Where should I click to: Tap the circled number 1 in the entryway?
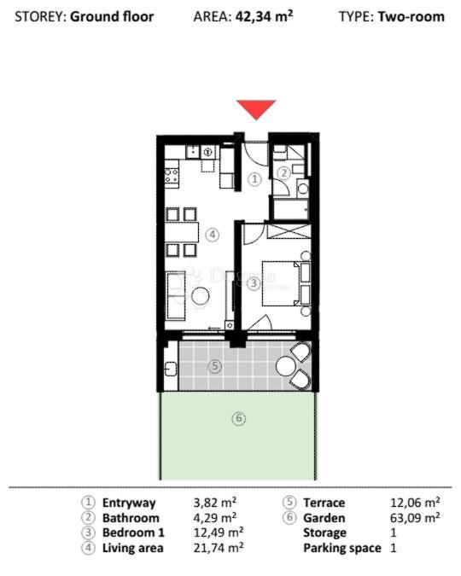(x=254, y=179)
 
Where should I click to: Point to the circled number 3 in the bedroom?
(x=253, y=285)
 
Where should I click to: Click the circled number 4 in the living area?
(x=212, y=233)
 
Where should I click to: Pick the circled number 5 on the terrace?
(x=215, y=367)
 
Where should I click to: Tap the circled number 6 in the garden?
(x=239, y=418)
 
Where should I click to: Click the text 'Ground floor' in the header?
(x=112, y=16)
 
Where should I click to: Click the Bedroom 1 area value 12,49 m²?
(x=219, y=532)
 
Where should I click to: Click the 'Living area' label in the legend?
(x=130, y=547)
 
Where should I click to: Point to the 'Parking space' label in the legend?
(x=341, y=547)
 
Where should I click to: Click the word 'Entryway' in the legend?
(x=128, y=503)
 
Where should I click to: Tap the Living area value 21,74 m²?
(x=219, y=547)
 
